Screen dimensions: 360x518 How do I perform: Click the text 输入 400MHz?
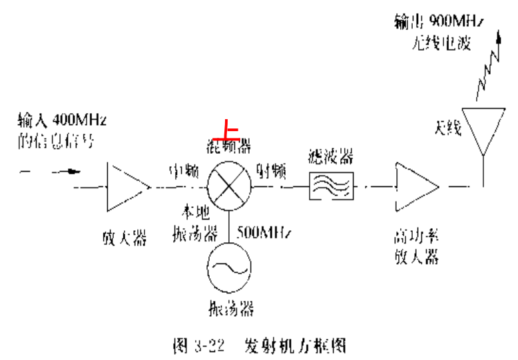(x=63, y=121)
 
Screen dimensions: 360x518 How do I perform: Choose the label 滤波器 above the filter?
(x=331, y=157)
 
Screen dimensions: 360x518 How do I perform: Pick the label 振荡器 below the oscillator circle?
(x=230, y=308)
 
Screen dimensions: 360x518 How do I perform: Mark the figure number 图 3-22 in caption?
(x=198, y=345)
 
